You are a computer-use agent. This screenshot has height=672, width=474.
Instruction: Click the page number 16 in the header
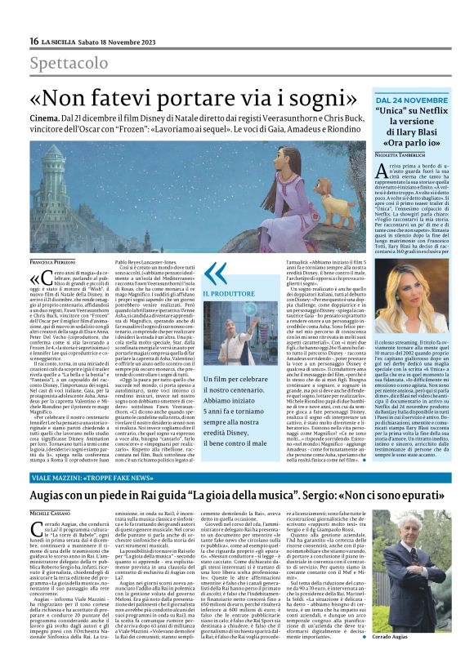[34, 41]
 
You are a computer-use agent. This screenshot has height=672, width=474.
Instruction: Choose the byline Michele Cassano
[50, 511]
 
